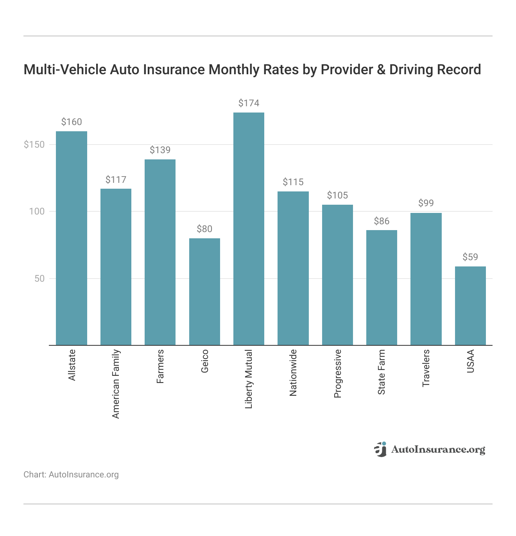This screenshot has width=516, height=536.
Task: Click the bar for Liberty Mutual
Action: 249,229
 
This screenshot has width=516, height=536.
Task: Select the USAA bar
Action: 470,306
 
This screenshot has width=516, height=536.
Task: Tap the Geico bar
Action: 204,291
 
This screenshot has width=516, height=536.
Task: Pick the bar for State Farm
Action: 382,288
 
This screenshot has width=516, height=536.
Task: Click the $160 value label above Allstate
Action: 72,122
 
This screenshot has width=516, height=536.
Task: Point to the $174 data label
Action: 249,103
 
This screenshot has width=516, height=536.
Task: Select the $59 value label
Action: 470,257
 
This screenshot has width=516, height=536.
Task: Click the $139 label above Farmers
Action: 160,150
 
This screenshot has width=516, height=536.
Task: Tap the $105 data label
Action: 337,195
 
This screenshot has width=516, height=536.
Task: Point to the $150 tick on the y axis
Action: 34,145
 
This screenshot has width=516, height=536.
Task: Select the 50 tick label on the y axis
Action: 39,279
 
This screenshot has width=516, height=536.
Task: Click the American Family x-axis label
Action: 116,384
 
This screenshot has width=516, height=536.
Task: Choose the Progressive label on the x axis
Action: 337,374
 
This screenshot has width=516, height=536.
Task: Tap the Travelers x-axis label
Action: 426,368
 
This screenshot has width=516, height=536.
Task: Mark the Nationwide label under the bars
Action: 293,373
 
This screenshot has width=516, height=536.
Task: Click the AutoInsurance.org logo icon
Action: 380,449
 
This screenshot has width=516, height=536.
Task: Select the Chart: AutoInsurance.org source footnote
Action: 71,475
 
